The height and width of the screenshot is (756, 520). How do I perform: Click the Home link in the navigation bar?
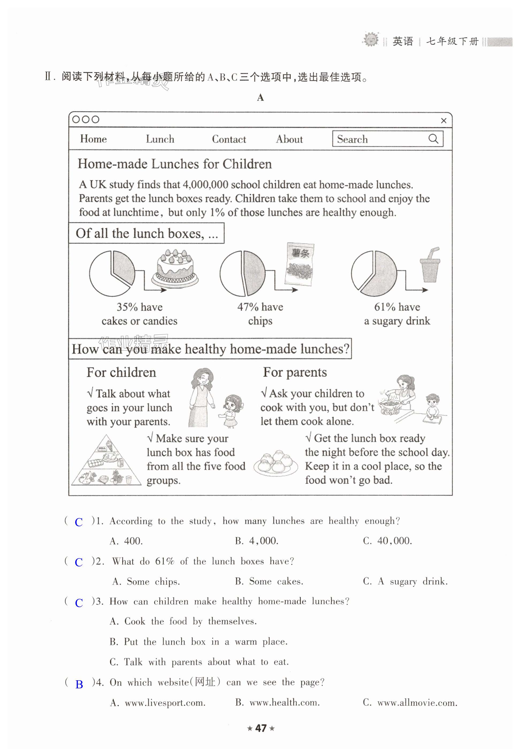94,139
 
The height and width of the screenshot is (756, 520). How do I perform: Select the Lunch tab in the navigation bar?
160,139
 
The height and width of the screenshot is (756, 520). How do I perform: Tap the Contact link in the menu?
229,139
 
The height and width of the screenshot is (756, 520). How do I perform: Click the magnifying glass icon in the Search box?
433,139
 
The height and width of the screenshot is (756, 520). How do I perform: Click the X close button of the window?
443,121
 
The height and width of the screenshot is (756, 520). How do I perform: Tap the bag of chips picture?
299,264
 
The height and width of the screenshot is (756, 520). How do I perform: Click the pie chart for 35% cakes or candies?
112,273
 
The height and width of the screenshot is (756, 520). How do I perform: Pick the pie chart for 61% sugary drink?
374,273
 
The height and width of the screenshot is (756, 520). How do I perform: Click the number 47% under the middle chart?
248,307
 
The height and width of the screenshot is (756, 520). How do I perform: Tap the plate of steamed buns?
275,462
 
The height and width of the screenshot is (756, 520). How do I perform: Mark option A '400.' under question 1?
127,541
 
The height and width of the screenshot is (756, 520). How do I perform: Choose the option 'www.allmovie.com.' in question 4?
410,703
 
